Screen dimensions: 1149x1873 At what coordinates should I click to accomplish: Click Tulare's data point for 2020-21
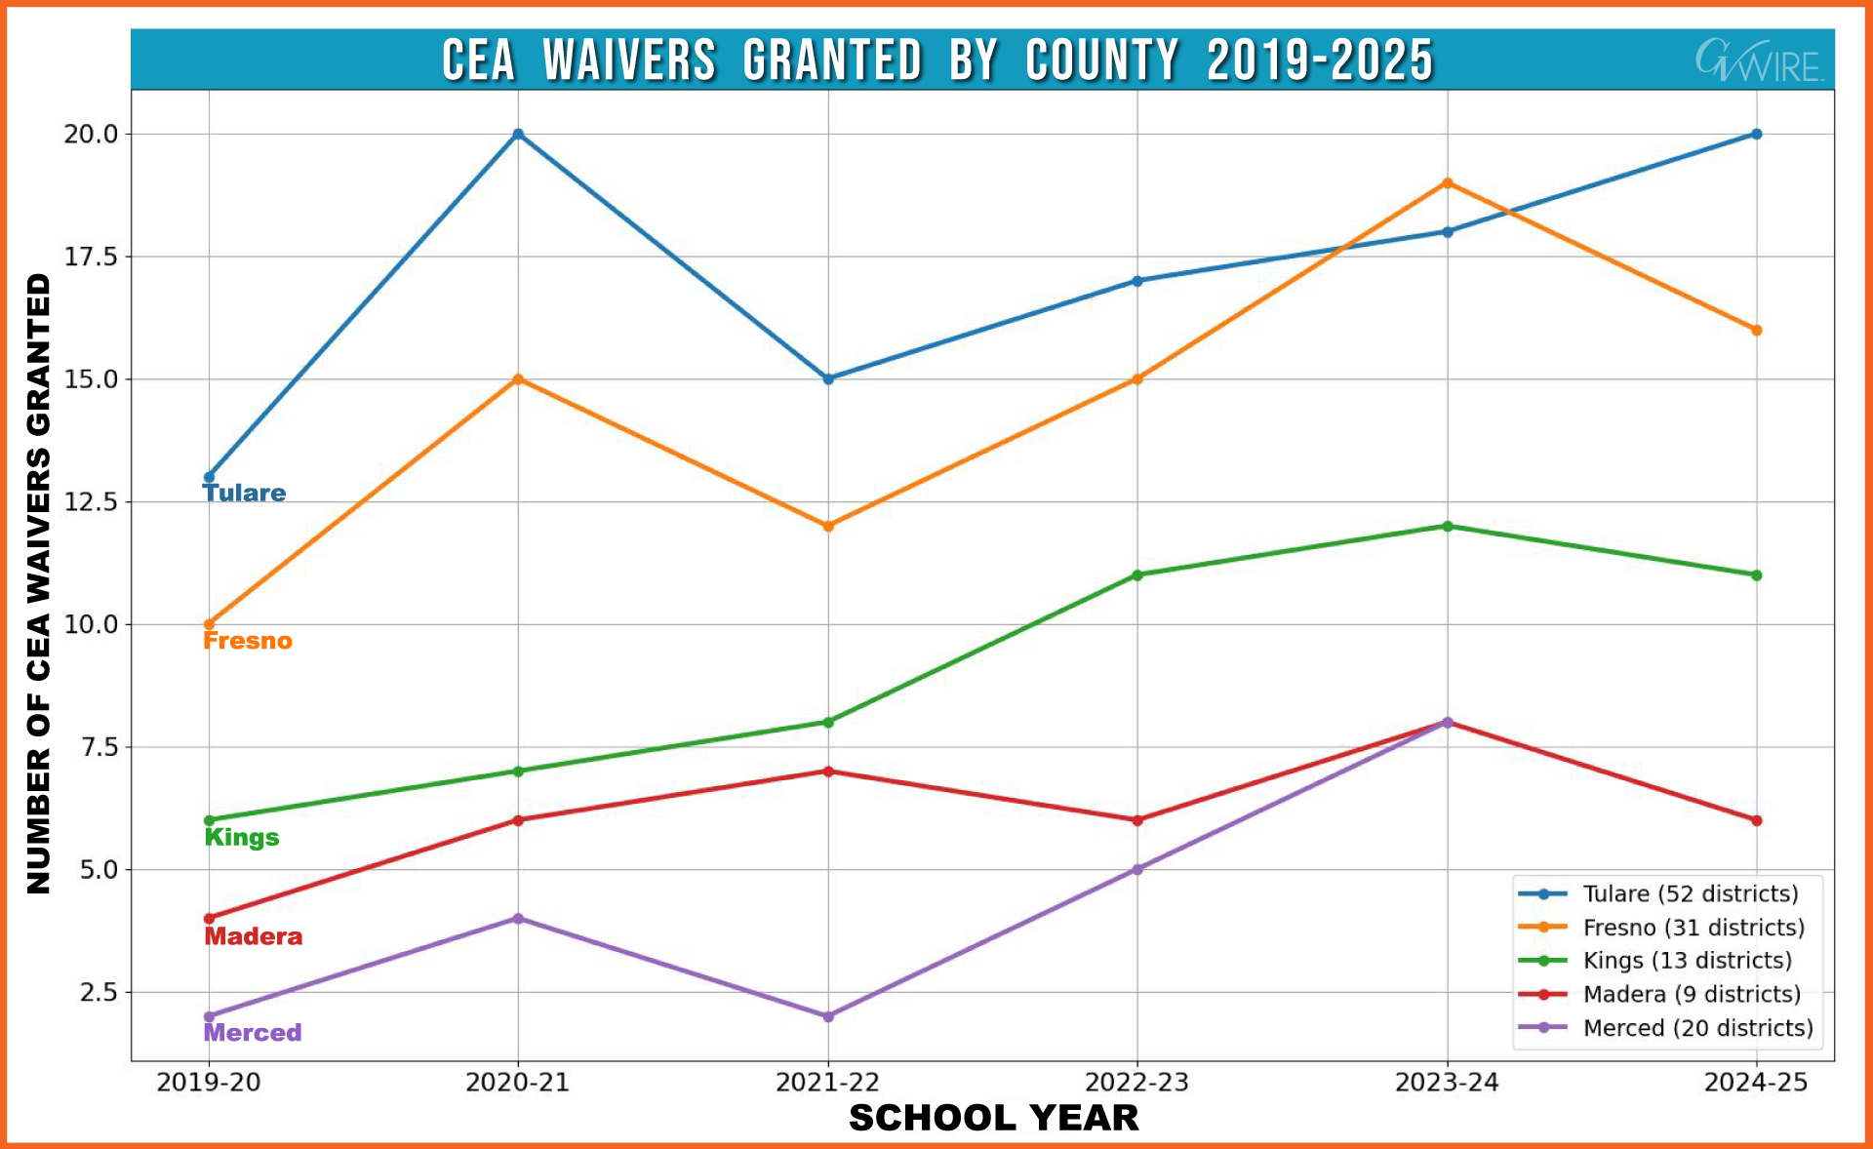518,134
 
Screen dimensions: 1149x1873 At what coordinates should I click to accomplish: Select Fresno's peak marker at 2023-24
1447,182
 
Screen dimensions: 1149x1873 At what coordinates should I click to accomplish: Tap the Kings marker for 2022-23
1137,574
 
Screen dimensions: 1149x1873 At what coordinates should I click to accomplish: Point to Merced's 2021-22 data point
828,1016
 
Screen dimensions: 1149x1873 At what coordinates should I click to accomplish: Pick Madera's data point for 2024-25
1756,820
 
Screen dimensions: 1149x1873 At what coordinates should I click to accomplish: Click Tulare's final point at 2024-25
1756,134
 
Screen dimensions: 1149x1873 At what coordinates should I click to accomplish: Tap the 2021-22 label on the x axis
827,1083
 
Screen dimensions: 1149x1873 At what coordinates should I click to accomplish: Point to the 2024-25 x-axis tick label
1755,1083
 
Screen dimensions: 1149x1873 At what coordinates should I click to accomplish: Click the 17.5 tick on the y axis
91,257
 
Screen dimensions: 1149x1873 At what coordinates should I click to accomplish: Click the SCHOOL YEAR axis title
993,1118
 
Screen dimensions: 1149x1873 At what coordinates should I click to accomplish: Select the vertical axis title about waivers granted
38,582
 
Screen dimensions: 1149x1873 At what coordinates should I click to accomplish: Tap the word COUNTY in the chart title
1102,60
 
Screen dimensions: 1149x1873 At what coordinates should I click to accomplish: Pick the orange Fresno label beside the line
248,641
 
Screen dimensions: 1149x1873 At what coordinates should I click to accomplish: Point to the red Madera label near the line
254,936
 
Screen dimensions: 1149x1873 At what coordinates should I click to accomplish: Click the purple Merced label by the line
253,1033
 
